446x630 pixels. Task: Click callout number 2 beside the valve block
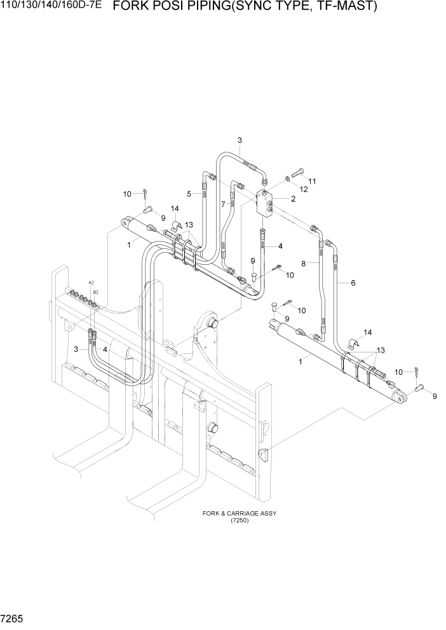tap(294, 199)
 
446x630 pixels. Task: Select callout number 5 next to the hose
tap(189, 194)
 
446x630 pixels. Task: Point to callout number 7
tap(223, 204)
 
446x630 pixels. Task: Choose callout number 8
tap(304, 263)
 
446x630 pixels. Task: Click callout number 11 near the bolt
tap(312, 181)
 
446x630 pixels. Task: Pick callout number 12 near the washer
tap(304, 189)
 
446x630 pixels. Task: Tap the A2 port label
tap(91, 282)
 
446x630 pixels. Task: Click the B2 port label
tap(95, 292)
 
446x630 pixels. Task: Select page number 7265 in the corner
tap(13, 618)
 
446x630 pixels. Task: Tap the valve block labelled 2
tap(265, 203)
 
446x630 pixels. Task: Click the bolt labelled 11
tap(299, 171)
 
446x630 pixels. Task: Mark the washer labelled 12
tap(288, 178)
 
